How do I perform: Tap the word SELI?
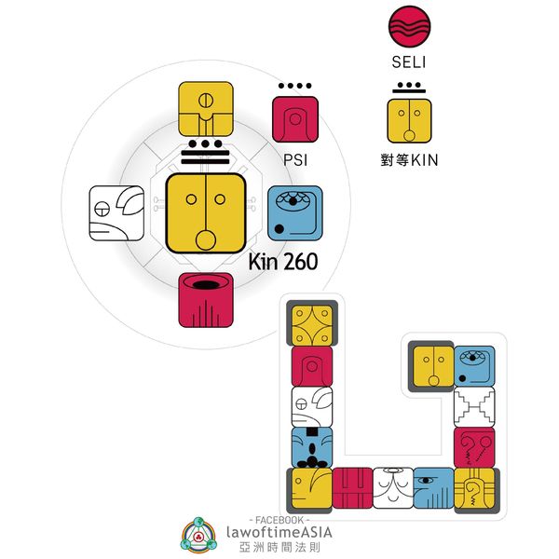(409, 63)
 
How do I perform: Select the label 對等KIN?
(410, 160)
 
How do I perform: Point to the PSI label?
(294, 159)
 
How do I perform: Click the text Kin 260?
(283, 262)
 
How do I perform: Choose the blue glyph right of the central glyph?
(294, 212)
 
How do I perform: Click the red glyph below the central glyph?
(205, 300)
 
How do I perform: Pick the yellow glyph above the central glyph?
(205, 110)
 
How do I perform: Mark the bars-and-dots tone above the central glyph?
(205, 154)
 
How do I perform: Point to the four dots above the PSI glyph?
(294, 87)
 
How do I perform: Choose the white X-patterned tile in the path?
(474, 406)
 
